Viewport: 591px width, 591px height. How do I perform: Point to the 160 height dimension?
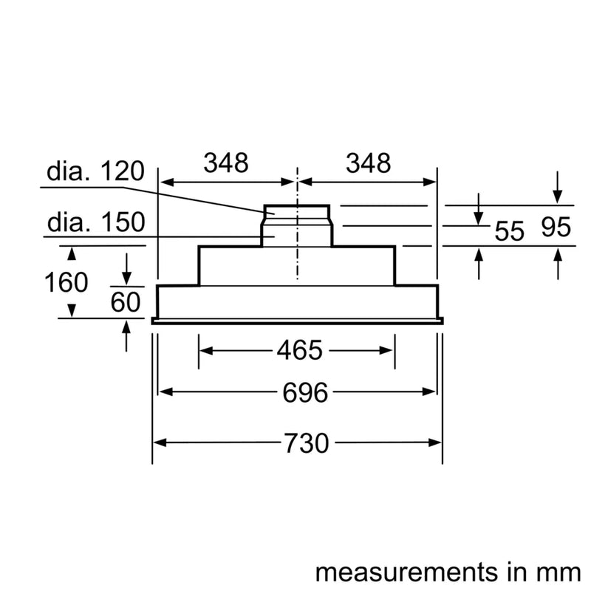(x=66, y=282)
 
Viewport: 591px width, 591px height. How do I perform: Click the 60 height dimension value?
(x=126, y=301)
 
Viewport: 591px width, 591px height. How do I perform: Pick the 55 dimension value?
(x=508, y=231)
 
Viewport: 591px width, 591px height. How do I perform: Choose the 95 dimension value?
(x=556, y=228)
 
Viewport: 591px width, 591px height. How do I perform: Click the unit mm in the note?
(x=556, y=573)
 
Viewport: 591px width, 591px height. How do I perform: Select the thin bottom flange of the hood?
(x=297, y=321)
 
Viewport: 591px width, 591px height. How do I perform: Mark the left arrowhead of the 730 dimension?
(x=158, y=443)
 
